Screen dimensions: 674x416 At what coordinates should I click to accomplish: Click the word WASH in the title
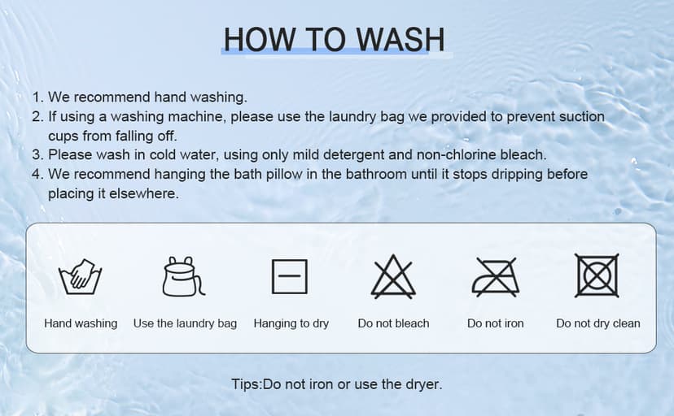[x=400, y=40]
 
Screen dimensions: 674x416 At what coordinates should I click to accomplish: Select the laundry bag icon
[x=184, y=276]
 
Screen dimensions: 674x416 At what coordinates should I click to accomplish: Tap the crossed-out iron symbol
[x=495, y=276]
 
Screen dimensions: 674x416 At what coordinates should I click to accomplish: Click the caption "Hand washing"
[x=81, y=323]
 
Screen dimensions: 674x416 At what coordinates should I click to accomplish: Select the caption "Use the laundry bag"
[x=186, y=323]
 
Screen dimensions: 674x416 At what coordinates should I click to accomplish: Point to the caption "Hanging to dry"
[x=291, y=323]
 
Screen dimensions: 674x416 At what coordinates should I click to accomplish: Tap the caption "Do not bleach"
[x=393, y=323]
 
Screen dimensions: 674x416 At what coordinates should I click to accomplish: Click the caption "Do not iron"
[x=495, y=323]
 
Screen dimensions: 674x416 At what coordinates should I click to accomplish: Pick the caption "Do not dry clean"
[x=598, y=323]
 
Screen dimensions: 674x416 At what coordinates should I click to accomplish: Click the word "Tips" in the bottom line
[x=246, y=383]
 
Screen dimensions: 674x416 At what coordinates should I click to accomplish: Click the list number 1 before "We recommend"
[x=36, y=97]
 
